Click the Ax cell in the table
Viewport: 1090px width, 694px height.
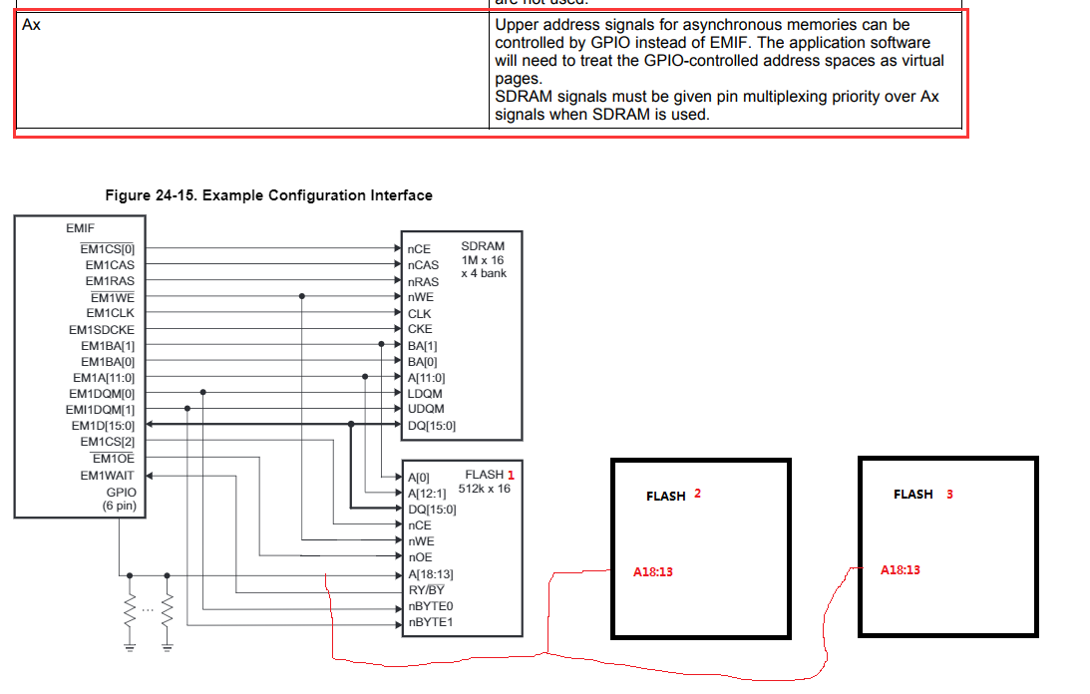tap(31, 25)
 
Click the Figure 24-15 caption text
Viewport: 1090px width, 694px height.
tap(268, 195)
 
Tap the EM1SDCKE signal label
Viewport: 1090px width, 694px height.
tap(101, 329)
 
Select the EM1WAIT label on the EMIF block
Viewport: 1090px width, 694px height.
tap(108, 476)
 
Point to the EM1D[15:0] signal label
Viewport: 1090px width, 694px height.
tap(101, 425)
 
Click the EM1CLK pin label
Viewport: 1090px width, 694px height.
tap(110, 313)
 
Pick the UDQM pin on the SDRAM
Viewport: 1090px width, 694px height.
tap(426, 409)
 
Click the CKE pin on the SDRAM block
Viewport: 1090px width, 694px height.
tap(419, 329)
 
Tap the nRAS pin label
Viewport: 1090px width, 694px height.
tap(423, 281)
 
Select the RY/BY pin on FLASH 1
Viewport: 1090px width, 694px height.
tap(426, 589)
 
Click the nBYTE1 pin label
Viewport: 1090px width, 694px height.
tap(431, 622)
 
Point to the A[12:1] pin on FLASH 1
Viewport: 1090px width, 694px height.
tap(427, 493)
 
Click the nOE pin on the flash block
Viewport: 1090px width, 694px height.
tap(420, 557)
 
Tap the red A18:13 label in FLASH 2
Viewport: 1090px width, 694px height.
tap(652, 572)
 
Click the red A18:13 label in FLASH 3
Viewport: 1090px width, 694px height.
tap(900, 569)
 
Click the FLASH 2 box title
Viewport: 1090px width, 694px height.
tap(673, 495)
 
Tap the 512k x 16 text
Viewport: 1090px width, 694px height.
tap(484, 489)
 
